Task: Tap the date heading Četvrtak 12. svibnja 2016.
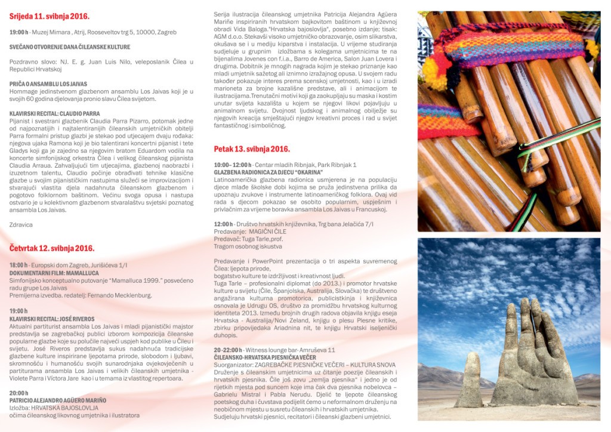51,248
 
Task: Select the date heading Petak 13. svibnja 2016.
252,149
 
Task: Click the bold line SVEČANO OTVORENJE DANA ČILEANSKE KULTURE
70,47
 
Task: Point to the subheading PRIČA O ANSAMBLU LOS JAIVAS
48,84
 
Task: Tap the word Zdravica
21,224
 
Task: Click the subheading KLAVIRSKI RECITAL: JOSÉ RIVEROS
52,319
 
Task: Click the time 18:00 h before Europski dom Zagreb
18,264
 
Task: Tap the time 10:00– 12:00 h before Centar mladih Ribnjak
233,164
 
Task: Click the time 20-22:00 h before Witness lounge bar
228,350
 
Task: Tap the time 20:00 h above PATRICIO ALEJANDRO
18,393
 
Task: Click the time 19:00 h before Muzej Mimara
18,32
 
